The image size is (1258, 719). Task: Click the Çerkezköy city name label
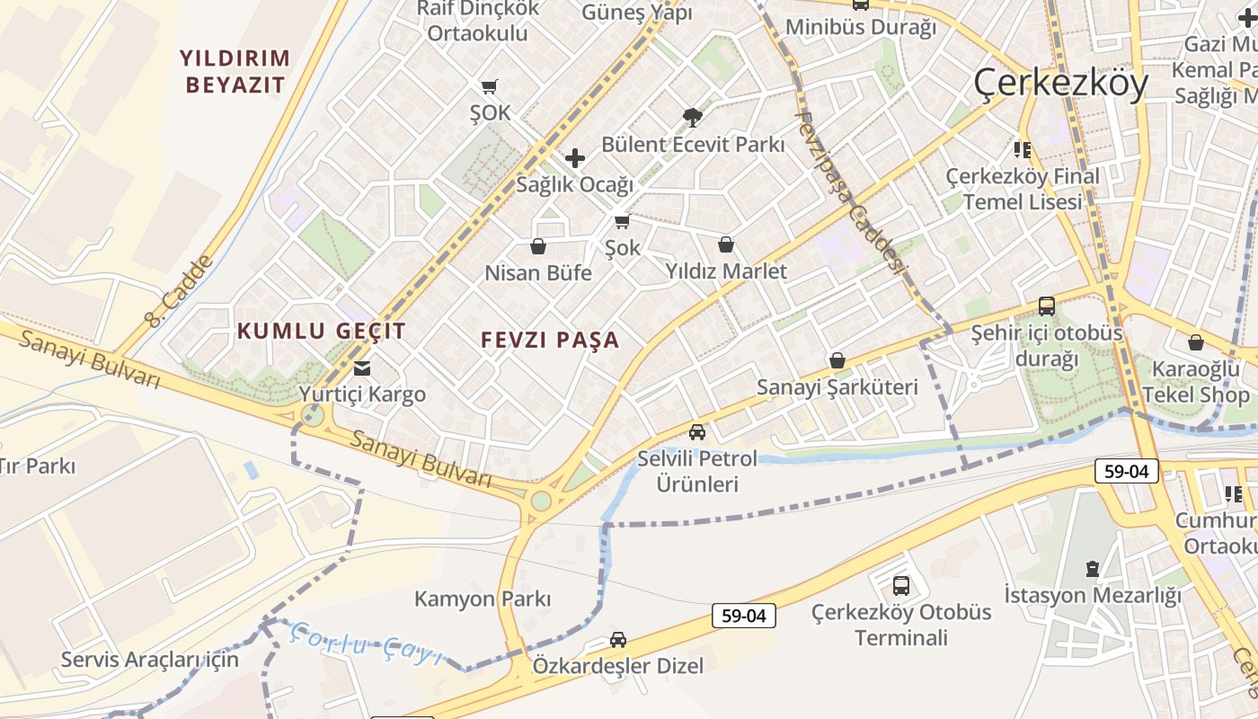click(1061, 84)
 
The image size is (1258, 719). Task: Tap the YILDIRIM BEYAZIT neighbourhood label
click(235, 72)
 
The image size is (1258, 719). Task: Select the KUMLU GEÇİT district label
click(322, 331)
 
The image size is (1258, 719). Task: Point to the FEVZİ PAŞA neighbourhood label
click(550, 340)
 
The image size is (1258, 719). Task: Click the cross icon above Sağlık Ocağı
click(575, 159)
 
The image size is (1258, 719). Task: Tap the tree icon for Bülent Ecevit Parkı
click(692, 117)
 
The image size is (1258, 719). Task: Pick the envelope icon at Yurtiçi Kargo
click(362, 368)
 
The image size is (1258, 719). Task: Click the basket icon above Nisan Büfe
click(538, 245)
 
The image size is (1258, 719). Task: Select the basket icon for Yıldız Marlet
click(726, 244)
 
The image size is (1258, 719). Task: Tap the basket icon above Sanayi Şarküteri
click(837, 360)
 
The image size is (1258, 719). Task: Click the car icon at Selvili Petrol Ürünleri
click(697, 432)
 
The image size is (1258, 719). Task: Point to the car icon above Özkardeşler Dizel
click(618, 640)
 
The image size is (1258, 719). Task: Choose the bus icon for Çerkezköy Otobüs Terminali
click(901, 586)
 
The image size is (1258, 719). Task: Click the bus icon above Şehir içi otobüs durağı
click(1047, 306)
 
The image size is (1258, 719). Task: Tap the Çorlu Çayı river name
click(367, 644)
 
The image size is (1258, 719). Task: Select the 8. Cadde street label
click(181, 289)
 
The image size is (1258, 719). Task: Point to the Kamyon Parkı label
click(483, 599)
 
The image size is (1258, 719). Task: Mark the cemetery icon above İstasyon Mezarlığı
click(1092, 568)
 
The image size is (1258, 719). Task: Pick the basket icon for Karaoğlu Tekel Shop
click(1196, 342)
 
